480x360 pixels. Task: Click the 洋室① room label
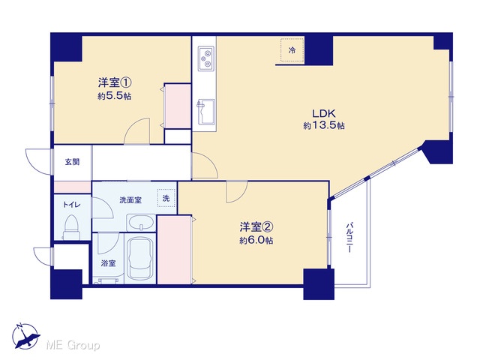(x=115, y=82)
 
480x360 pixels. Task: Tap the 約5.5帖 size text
(x=115, y=96)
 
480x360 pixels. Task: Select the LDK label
(x=324, y=113)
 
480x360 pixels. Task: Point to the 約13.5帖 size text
(x=324, y=125)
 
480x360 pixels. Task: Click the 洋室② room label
(x=256, y=226)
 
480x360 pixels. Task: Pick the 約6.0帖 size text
(x=256, y=241)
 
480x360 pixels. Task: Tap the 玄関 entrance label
(x=72, y=162)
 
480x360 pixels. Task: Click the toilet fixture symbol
(x=72, y=227)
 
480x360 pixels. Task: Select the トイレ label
(x=72, y=204)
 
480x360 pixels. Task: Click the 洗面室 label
(x=130, y=200)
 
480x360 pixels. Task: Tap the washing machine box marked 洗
(x=166, y=198)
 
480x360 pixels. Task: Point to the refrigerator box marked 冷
(x=292, y=50)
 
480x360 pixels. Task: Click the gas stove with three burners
(x=206, y=58)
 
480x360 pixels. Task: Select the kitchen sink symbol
(x=206, y=112)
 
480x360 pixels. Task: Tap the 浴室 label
(x=108, y=263)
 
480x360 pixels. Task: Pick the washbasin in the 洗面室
(x=140, y=223)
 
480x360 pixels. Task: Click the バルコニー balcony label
(x=349, y=238)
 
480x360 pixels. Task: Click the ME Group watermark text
(x=73, y=345)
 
